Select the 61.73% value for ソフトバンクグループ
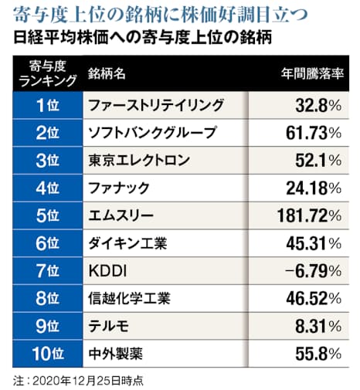click(307, 133)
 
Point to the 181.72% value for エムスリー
click(303, 216)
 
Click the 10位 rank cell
click(44, 355)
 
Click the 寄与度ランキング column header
click(44, 71)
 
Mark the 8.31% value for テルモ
click(312, 327)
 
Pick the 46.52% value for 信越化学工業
click(307, 300)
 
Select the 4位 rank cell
click(44, 188)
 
